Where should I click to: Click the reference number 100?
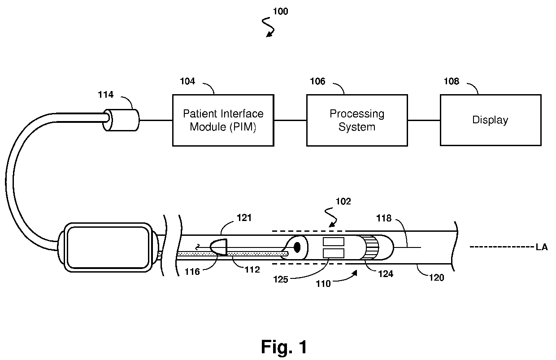click(x=281, y=11)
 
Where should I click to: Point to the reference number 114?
click(x=105, y=95)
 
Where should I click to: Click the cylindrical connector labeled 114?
click(x=121, y=120)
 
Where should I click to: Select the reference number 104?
click(x=187, y=81)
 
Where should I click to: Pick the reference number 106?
click(x=317, y=81)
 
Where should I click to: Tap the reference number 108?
click(x=452, y=81)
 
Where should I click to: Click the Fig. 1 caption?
click(x=284, y=347)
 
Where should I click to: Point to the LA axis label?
click(x=542, y=247)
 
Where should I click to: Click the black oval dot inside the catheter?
click(x=297, y=247)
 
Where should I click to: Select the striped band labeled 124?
click(x=370, y=247)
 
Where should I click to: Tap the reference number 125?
click(x=281, y=280)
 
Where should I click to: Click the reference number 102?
click(x=343, y=201)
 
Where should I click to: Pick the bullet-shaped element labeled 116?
click(x=219, y=247)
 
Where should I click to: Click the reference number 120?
click(x=437, y=278)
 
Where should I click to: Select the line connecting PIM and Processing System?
click(x=291, y=120)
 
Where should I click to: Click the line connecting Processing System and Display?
click(x=424, y=120)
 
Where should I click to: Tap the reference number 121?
click(x=244, y=218)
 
